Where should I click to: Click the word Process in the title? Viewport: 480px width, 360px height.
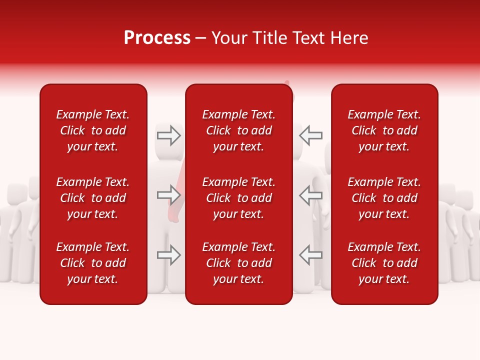coord(157,38)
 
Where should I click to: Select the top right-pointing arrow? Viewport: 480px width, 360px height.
coord(169,135)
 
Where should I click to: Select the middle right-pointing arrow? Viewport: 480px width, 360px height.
coord(169,195)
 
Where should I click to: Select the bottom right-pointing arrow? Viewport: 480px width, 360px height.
coord(169,255)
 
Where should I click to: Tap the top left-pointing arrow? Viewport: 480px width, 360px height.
coord(311,135)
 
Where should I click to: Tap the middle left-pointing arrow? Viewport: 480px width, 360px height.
coord(311,195)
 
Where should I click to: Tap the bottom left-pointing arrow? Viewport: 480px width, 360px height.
coord(311,255)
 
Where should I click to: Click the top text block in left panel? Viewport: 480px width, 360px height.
coord(93,130)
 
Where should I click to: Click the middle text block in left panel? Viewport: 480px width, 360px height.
coord(93,198)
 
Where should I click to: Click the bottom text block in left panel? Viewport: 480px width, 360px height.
coord(93,263)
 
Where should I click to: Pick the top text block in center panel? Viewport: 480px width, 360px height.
coord(239,130)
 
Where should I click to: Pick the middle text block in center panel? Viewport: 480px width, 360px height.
coord(239,198)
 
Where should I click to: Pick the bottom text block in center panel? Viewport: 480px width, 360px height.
coord(239,263)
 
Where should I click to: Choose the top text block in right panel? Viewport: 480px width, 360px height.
coord(384,130)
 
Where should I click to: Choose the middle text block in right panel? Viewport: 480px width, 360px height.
coord(384,198)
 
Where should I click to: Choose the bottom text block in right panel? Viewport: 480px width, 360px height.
coord(384,263)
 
